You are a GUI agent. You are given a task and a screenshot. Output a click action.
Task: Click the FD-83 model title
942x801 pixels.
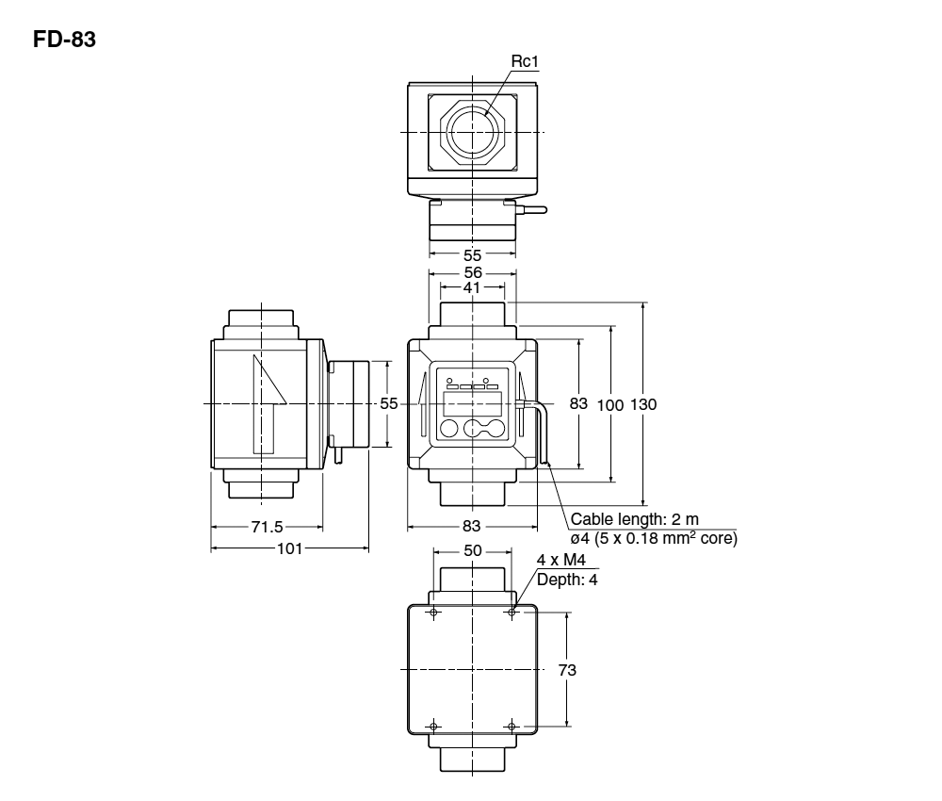(65, 41)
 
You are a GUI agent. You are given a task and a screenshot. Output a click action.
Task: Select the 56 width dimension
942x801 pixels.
(472, 271)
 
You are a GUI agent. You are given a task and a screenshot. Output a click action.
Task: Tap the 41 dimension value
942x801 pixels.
(471, 288)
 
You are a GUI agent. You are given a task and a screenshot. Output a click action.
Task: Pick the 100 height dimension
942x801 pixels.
(610, 403)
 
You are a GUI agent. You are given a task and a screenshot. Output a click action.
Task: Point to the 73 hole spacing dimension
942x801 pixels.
(567, 669)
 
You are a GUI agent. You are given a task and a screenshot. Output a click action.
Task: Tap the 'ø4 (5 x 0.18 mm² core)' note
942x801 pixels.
(654, 538)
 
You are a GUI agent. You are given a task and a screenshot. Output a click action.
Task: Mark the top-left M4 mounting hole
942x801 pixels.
(433, 613)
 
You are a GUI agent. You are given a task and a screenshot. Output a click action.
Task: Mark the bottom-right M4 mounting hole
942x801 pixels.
(511, 726)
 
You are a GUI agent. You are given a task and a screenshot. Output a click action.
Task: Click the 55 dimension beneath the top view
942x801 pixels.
(472, 254)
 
